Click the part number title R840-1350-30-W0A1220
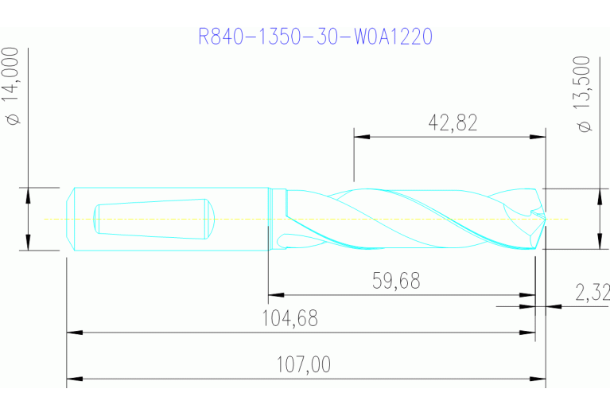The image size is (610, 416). pyautogui.click(x=316, y=37)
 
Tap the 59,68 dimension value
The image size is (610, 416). pyautogui.click(x=395, y=281)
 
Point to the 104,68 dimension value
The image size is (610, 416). pyautogui.click(x=289, y=318)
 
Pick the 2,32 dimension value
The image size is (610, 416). pyautogui.click(x=593, y=293)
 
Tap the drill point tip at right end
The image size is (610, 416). pyautogui.click(x=545, y=219)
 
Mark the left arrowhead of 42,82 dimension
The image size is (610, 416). pyautogui.click(x=362, y=137)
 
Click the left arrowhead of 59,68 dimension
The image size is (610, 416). pyautogui.click(x=275, y=295)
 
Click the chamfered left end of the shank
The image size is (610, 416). pyautogui.click(x=71, y=219)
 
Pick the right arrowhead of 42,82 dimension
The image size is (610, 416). pyautogui.click(x=538, y=137)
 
